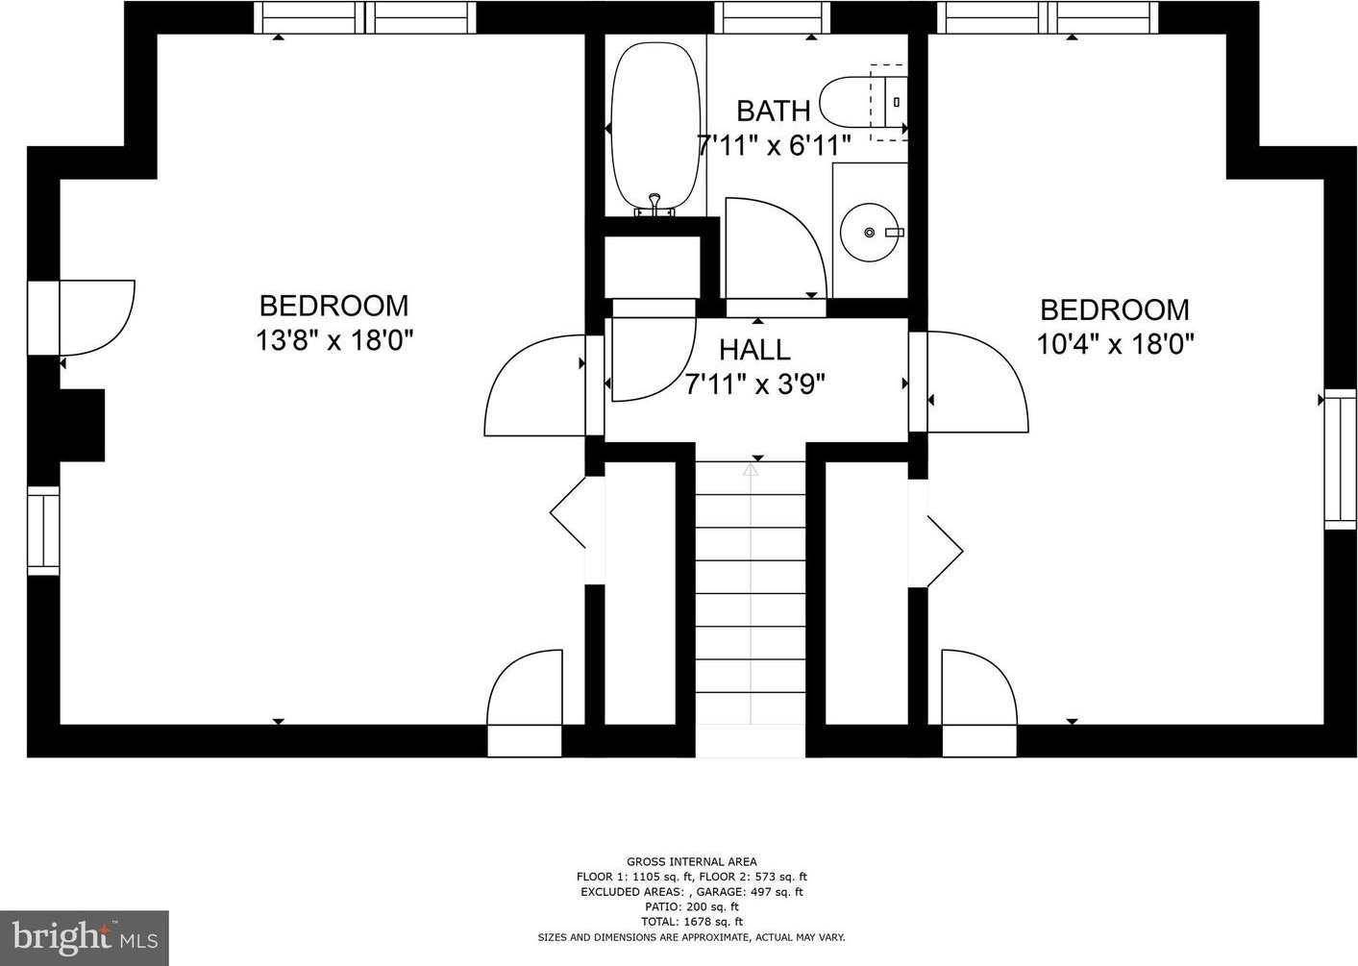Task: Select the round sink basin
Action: tap(869, 233)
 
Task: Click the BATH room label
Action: tap(773, 111)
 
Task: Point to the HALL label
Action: tap(754, 350)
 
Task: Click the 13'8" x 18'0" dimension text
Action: tap(334, 340)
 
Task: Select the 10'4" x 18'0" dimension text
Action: tap(1115, 345)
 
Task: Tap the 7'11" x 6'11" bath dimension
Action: tap(774, 145)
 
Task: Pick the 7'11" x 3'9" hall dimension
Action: tap(754, 384)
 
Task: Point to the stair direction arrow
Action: tap(751, 469)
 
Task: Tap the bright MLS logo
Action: tap(85, 937)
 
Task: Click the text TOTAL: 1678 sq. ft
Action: tap(692, 922)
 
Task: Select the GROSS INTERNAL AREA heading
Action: tap(692, 861)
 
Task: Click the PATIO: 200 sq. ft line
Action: tap(692, 906)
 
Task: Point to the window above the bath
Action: tap(772, 17)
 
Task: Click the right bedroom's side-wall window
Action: tap(1340, 459)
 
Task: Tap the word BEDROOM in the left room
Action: tap(334, 306)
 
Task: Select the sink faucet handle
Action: tap(894, 233)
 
